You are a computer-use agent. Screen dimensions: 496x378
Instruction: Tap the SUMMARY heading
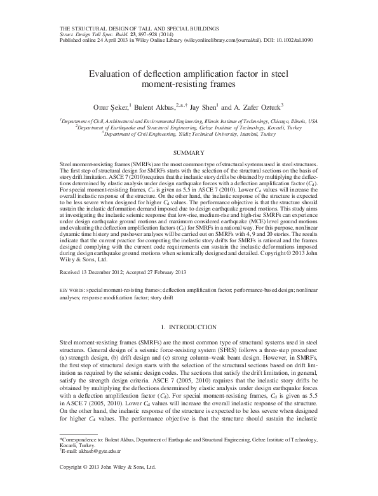tap(189, 152)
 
